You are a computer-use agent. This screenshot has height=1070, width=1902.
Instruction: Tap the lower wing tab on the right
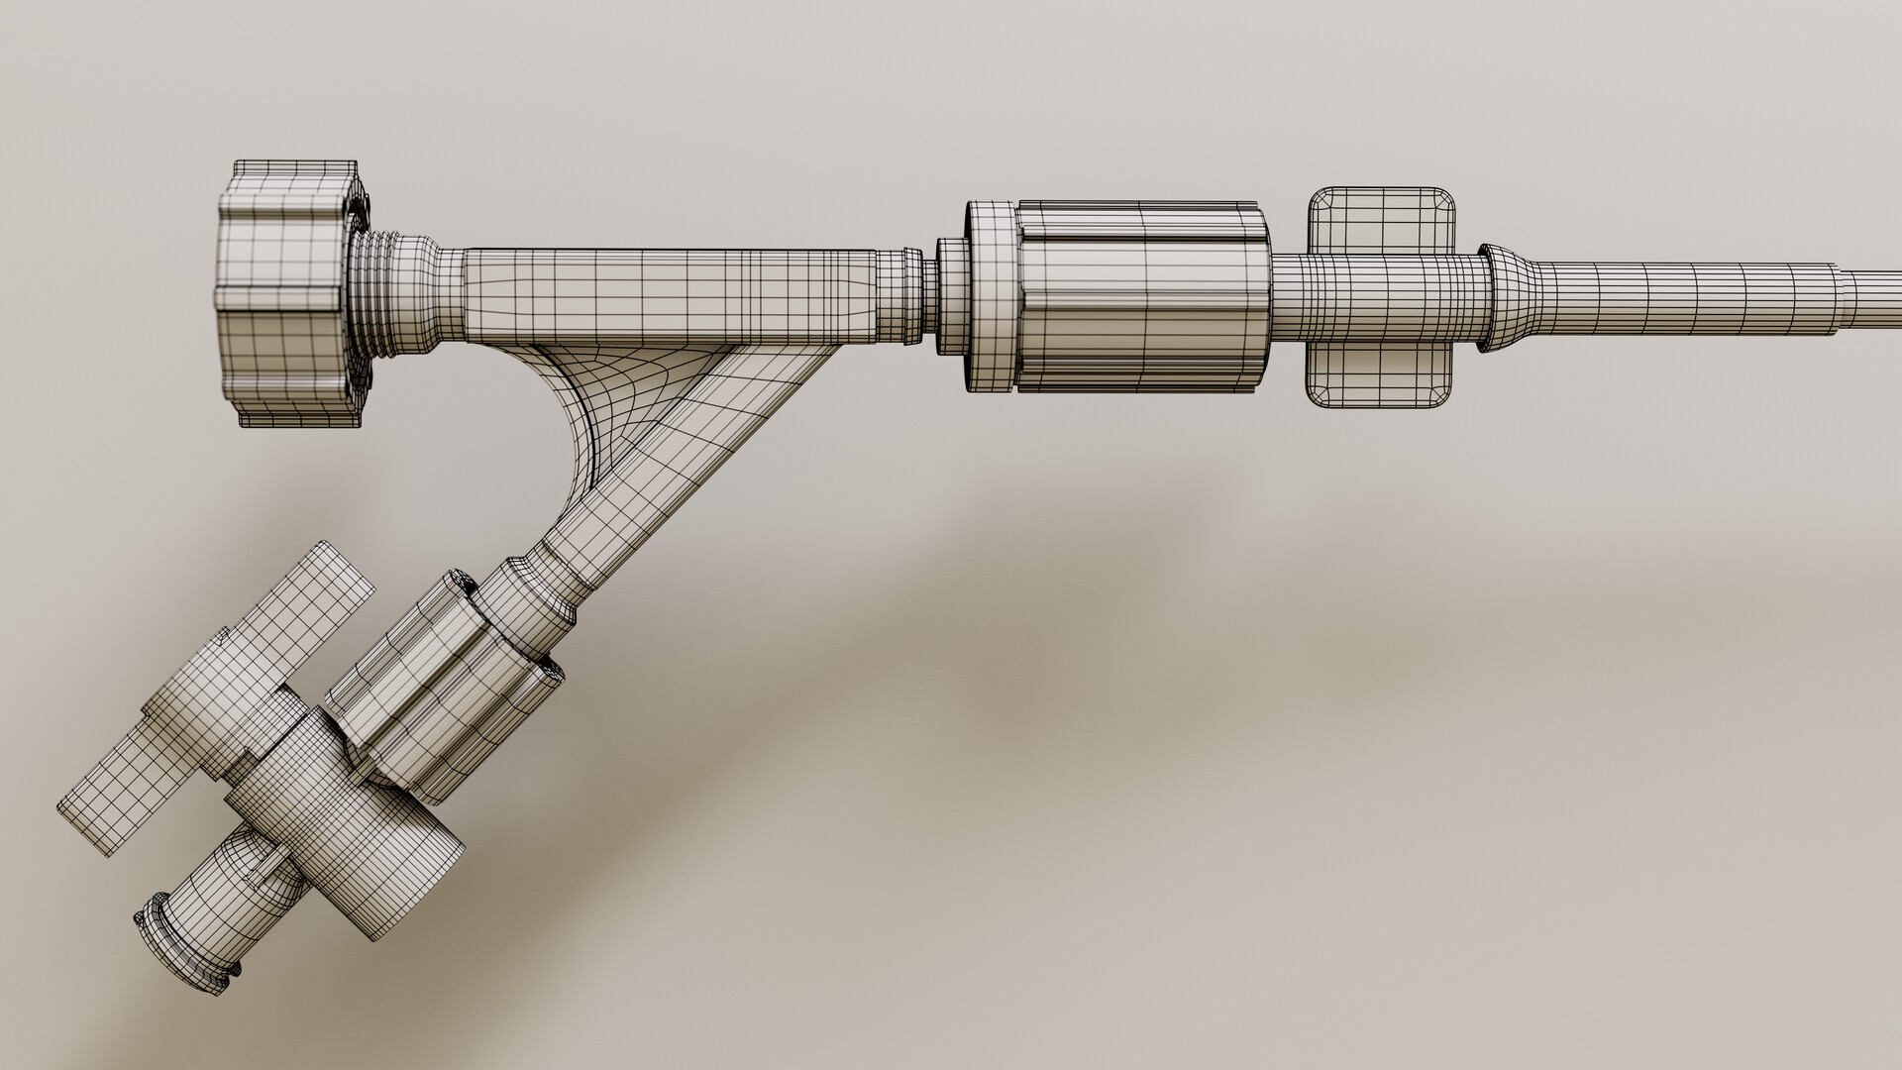coord(1382,376)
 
